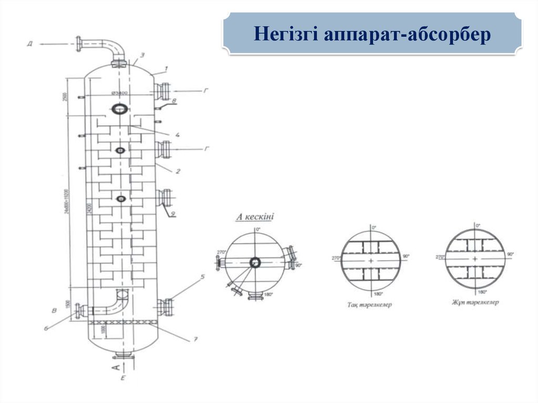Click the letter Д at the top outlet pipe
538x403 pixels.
click(x=30, y=44)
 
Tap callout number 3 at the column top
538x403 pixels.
click(x=142, y=54)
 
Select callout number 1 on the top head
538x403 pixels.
click(x=166, y=68)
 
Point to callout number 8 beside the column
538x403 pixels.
click(x=174, y=100)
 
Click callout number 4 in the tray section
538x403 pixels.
click(x=177, y=135)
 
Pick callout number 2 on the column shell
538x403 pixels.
click(x=178, y=171)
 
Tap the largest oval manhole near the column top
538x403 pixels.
click(x=120, y=109)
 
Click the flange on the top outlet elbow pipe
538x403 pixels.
click(x=80, y=44)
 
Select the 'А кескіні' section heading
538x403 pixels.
click(x=256, y=216)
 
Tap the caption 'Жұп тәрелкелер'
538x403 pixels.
click(x=475, y=303)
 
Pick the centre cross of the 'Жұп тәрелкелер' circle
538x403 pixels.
click(x=475, y=259)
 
